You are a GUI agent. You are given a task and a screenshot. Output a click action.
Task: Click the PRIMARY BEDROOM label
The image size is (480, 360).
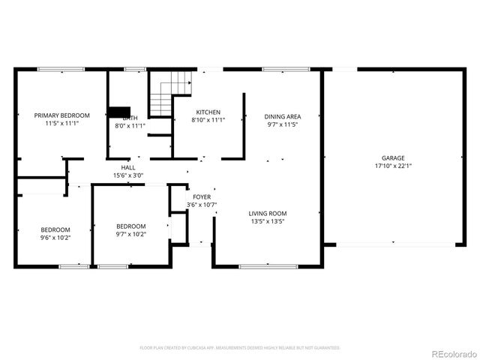point(62,115)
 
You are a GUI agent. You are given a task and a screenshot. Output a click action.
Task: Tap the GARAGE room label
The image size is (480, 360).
point(393,158)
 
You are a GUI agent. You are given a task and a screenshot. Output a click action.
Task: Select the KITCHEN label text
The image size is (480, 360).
point(208,112)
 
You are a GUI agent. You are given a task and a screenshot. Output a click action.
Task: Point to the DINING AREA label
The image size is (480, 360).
point(283,116)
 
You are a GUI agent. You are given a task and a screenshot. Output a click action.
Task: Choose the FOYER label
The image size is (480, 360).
point(201,196)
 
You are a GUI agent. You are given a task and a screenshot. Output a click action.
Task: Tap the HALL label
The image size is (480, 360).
point(128,167)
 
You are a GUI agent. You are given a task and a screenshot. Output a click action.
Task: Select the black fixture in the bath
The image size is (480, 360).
point(118,112)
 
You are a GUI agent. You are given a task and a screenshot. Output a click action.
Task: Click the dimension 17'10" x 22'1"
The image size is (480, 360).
point(393,166)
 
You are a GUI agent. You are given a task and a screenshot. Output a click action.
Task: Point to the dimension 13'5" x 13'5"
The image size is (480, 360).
point(268,221)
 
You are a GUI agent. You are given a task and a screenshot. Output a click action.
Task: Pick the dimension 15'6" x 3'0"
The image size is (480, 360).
point(128,175)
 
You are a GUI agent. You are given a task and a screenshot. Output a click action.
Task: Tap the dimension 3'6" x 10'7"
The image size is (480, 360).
point(201,205)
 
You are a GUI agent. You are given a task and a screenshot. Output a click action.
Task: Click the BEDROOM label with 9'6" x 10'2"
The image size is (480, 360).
point(55,229)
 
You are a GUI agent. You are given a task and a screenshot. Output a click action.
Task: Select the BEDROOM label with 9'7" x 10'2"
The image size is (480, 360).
point(130,226)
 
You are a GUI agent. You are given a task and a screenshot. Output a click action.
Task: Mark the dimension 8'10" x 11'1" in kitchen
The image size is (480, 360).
point(208,120)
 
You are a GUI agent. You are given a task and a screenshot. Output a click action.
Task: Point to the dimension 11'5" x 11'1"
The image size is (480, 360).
point(62,124)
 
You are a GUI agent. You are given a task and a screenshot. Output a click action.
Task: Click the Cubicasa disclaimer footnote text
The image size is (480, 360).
point(240,348)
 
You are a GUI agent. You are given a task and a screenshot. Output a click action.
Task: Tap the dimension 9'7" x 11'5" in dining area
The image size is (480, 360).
point(283,124)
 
